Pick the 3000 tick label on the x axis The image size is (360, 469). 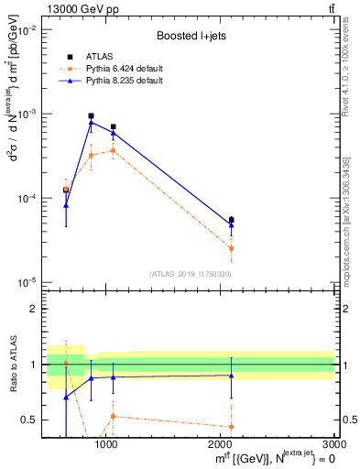click(333, 444)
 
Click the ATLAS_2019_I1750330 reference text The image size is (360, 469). click(189, 274)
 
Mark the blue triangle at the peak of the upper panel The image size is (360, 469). click(91, 122)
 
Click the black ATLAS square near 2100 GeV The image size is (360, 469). click(231, 220)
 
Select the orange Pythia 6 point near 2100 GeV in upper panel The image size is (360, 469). click(231, 248)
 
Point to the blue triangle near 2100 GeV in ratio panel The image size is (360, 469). click(231, 375)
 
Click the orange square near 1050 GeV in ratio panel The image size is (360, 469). click(113, 416)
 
